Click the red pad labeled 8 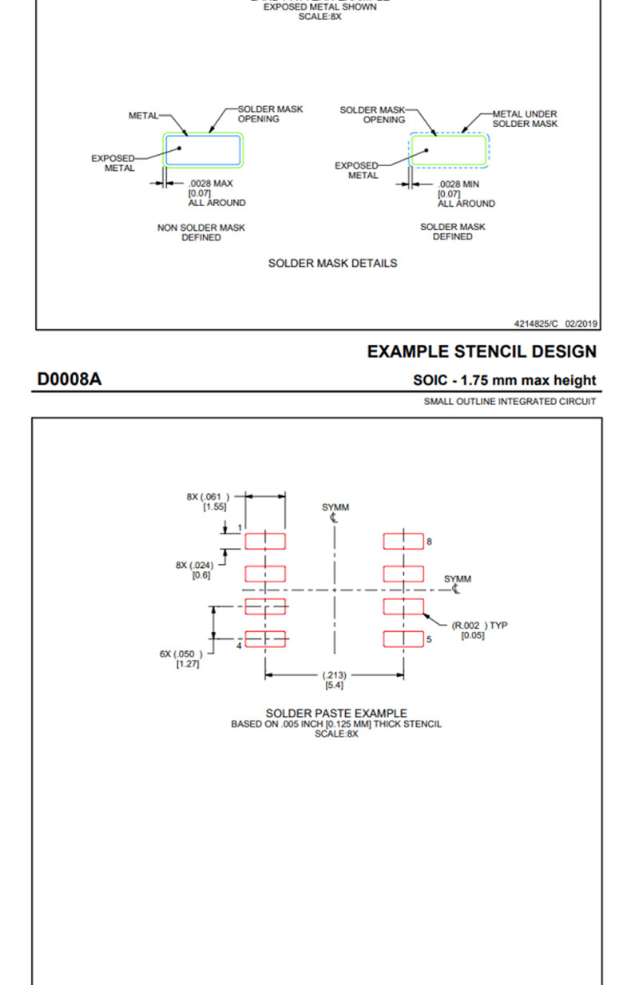(403, 542)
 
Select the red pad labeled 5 (403, 639)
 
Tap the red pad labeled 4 (265, 639)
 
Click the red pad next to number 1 (265, 542)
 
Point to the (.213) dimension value (335, 676)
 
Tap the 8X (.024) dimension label (195, 566)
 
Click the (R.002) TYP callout (479, 626)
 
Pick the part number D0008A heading (69, 379)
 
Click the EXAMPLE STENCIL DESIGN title (482, 352)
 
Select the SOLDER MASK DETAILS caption (332, 263)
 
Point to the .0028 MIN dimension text (460, 184)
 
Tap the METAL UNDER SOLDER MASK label (525, 119)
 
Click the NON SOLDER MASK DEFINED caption (201, 232)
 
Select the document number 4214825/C (537, 324)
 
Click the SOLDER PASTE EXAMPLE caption (336, 713)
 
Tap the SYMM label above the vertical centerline (335, 507)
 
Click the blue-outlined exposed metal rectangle (203, 150)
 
